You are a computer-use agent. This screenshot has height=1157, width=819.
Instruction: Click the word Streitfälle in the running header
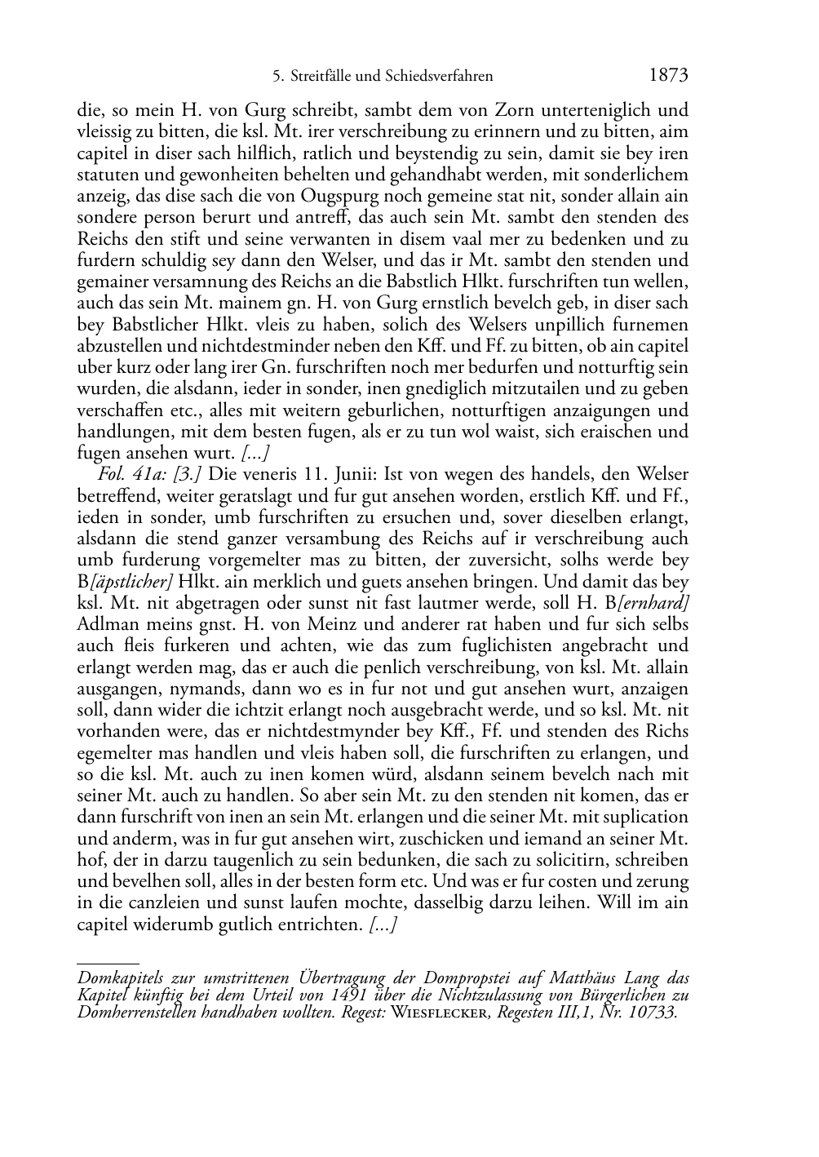(321, 77)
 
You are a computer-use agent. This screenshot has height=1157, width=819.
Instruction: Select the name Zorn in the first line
(492, 110)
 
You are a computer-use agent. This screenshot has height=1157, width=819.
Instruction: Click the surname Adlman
(105, 625)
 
